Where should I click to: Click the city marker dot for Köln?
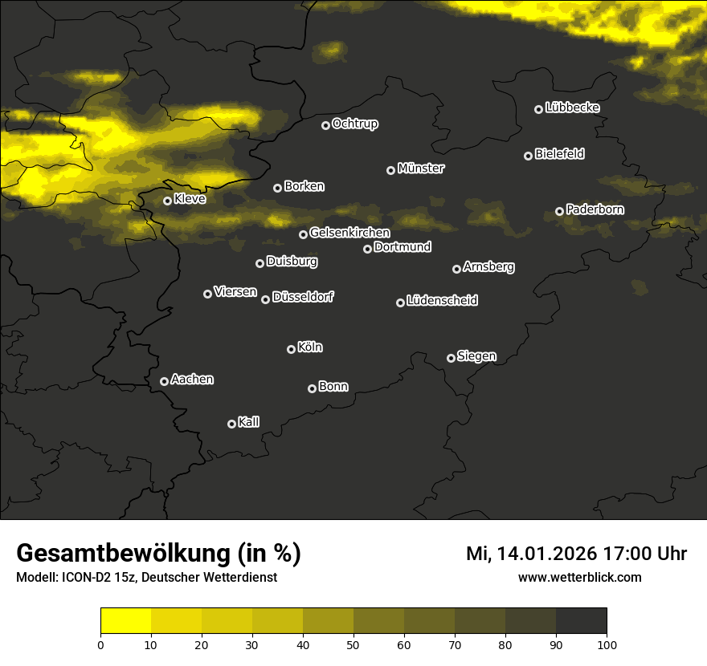[x=291, y=349]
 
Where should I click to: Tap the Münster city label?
[x=420, y=169]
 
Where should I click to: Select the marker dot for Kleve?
[x=167, y=201]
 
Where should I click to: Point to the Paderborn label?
[x=595, y=209]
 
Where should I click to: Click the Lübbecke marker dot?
[x=538, y=109]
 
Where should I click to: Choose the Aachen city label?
[x=192, y=380]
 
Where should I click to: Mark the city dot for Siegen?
[x=451, y=358]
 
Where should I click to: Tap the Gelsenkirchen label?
[x=349, y=233]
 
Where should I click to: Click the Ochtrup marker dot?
[x=325, y=125]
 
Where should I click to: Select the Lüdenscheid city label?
[x=442, y=301]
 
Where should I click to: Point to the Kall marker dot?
[x=231, y=424]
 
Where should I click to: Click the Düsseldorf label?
[x=303, y=297]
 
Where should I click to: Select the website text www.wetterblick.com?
[x=579, y=577]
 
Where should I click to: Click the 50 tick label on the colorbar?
[x=353, y=644]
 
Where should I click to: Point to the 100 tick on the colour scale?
[x=607, y=644]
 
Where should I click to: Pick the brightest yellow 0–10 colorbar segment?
[x=126, y=620]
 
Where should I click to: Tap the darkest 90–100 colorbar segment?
[x=581, y=620]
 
